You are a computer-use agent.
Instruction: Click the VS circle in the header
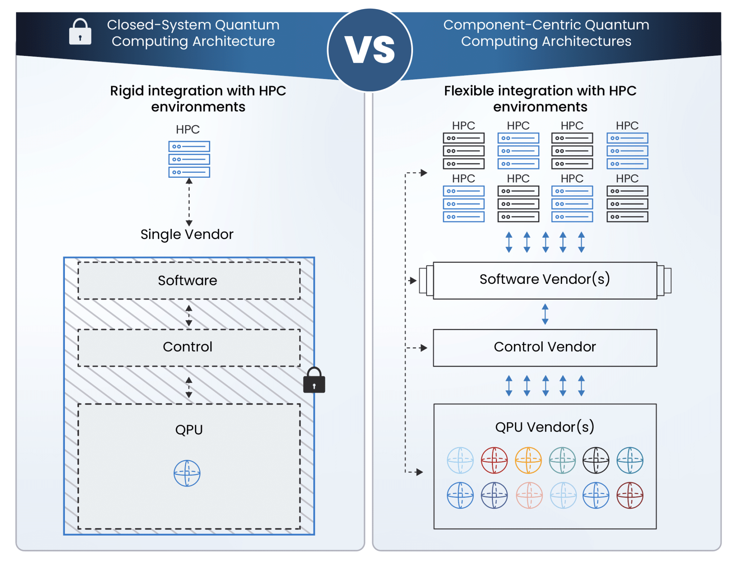click(370, 50)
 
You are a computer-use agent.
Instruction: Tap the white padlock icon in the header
click(80, 32)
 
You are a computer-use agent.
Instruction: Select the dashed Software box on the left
click(189, 281)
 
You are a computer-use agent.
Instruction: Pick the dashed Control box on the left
click(189, 347)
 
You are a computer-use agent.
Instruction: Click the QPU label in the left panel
click(189, 429)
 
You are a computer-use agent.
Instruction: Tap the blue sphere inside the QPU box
click(187, 473)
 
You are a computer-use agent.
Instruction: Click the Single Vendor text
click(187, 234)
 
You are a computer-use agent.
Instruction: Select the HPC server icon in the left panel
click(189, 159)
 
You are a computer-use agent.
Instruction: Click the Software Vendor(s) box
click(544, 280)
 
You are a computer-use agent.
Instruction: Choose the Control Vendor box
click(544, 347)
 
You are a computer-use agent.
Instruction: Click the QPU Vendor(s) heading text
click(544, 427)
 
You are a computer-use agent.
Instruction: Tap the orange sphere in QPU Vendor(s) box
click(528, 460)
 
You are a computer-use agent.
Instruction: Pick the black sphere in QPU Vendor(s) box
click(596, 460)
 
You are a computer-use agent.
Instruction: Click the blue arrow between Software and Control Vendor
click(545, 314)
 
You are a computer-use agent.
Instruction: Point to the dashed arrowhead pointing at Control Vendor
click(423, 348)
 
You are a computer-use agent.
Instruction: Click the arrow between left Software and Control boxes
click(189, 316)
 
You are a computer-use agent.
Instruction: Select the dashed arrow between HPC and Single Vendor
click(189, 202)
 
